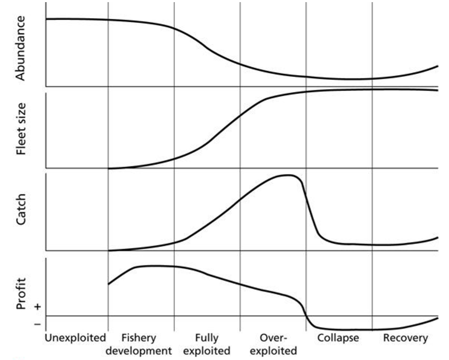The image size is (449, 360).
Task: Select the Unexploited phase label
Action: [75, 338]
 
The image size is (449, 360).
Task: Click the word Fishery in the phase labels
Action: [139, 338]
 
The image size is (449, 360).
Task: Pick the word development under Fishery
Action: [139, 351]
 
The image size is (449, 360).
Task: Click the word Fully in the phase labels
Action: [207, 338]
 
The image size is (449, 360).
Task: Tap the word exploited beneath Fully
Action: [207, 351]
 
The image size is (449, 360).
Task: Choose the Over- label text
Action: [273, 338]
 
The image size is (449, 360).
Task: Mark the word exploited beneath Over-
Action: [273, 351]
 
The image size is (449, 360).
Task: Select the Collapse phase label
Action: [339, 338]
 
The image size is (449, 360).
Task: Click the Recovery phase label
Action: [405, 338]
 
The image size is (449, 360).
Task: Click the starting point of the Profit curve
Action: [109, 284]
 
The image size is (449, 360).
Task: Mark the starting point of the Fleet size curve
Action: [109, 169]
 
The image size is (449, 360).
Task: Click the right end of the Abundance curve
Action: [438, 66]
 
